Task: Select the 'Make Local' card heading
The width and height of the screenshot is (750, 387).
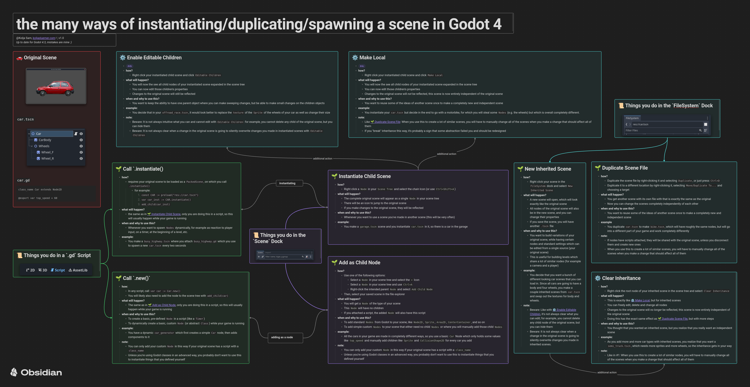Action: click(372, 58)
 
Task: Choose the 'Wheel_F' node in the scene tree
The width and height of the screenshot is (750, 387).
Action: click(47, 152)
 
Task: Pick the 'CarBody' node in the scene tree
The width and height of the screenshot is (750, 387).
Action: click(45, 140)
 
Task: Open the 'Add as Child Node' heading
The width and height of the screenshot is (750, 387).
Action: click(359, 263)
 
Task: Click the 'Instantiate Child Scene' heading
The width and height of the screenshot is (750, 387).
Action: click(365, 176)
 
